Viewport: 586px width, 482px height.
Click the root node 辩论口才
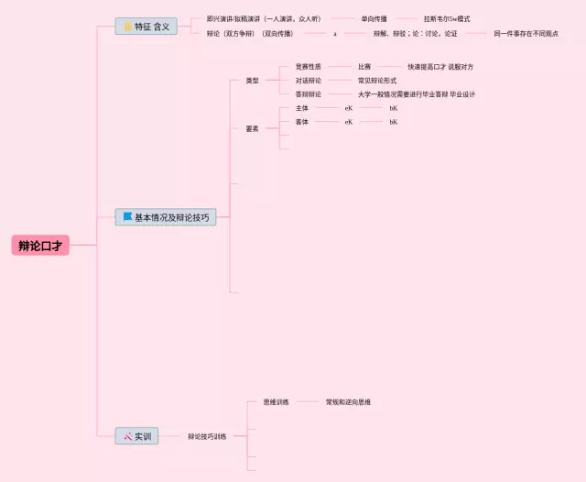[x=41, y=246]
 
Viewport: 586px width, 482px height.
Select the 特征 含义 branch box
[x=146, y=27]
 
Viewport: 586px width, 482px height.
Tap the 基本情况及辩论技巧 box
[x=166, y=217]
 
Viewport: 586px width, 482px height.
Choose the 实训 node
[x=139, y=436]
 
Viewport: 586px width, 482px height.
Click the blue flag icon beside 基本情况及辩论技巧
[x=128, y=217]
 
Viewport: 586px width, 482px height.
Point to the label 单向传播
[x=374, y=18]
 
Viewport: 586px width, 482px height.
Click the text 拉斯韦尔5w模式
[x=447, y=18]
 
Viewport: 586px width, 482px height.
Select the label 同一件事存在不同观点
[x=526, y=33]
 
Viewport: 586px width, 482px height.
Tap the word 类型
[x=252, y=81]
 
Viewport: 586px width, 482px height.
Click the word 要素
[x=252, y=128]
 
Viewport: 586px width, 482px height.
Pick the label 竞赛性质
[x=309, y=67]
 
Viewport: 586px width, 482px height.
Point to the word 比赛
[x=364, y=67]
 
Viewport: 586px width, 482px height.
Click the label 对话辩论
[x=309, y=81]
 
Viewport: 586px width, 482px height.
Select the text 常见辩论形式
[x=377, y=81]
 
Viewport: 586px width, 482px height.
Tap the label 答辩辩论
[x=309, y=94]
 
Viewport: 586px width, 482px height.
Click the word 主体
[x=302, y=108]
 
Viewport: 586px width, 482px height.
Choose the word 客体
[x=302, y=122]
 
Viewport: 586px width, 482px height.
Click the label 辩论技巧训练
[x=207, y=436]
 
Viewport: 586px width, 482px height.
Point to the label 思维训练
[x=276, y=402]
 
